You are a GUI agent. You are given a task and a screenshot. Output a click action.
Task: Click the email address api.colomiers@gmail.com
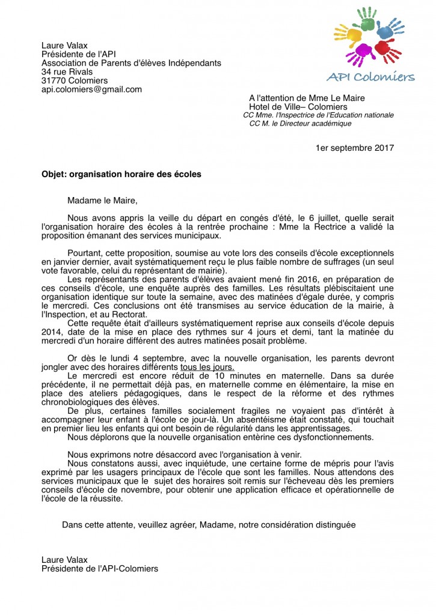click(x=91, y=89)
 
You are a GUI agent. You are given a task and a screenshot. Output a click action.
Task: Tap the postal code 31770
click(x=56, y=80)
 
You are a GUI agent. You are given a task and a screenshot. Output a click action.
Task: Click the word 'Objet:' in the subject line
click(x=54, y=175)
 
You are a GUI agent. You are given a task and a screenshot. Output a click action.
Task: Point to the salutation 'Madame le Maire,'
click(x=98, y=201)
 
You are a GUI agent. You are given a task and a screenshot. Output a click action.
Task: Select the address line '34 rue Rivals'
click(x=67, y=71)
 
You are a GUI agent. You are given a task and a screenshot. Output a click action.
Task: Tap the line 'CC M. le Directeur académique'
click(x=300, y=124)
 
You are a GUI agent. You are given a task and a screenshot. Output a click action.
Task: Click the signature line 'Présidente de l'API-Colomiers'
click(x=100, y=568)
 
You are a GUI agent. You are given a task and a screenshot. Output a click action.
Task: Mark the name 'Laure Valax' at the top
click(x=63, y=45)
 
